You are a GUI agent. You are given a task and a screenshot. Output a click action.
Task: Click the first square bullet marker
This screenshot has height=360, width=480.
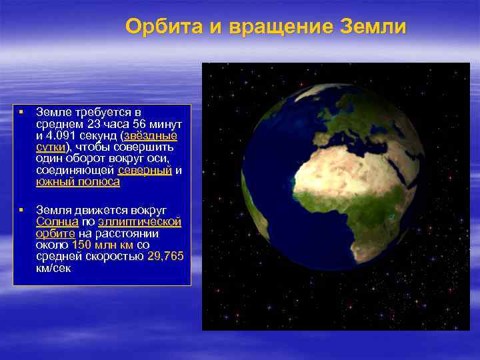tap(22, 111)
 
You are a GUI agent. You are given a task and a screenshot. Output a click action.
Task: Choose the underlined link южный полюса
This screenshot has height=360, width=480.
tap(78, 181)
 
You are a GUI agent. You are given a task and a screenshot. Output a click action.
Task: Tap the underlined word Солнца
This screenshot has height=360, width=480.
tap(57, 221)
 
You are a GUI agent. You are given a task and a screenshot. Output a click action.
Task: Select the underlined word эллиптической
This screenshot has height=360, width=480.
tap(139, 221)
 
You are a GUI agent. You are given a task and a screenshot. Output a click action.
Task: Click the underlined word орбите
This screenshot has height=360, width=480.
tap(55, 233)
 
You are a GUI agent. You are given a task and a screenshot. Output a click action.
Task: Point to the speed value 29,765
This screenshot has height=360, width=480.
tap(166, 256)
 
